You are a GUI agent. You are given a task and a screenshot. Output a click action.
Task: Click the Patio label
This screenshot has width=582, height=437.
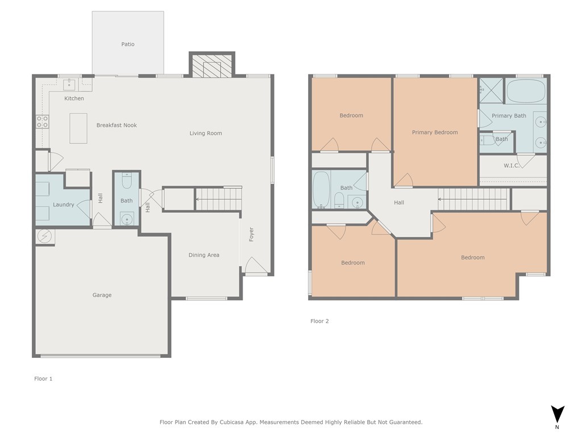point(128,44)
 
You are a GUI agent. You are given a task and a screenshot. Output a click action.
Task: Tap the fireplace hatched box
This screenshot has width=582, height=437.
point(212,67)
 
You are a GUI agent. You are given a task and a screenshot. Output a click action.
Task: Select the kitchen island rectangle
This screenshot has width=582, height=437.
point(78,129)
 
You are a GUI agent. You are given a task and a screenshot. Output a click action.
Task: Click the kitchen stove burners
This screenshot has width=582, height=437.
point(42,122)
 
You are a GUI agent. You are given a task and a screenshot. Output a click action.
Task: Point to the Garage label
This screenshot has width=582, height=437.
point(102,295)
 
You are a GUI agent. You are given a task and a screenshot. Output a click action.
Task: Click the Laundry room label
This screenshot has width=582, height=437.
point(64,204)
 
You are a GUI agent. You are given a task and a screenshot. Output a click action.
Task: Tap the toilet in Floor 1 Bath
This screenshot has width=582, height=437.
point(127,180)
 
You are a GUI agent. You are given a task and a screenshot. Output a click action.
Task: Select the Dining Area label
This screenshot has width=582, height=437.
point(204,255)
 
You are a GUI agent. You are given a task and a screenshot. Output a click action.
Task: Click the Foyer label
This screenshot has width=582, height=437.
point(251,234)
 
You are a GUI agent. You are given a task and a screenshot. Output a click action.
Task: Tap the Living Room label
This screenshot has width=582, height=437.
point(206,133)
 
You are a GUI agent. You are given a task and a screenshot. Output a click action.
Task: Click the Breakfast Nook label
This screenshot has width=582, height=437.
point(117,125)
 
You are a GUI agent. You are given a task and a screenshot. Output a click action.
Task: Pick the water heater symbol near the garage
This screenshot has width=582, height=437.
point(44,236)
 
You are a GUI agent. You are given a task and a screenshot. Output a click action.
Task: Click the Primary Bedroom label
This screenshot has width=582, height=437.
point(435,132)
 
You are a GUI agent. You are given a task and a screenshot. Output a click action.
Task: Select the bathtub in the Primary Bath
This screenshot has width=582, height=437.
point(526,90)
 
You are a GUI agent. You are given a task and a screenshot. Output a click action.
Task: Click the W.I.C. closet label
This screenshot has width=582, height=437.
point(512,166)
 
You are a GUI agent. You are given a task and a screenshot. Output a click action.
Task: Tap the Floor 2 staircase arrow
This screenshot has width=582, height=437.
point(473,199)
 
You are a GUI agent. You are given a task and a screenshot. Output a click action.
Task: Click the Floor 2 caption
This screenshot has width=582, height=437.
point(319,321)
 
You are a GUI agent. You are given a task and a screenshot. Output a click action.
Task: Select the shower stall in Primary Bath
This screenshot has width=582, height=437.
point(491,90)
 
